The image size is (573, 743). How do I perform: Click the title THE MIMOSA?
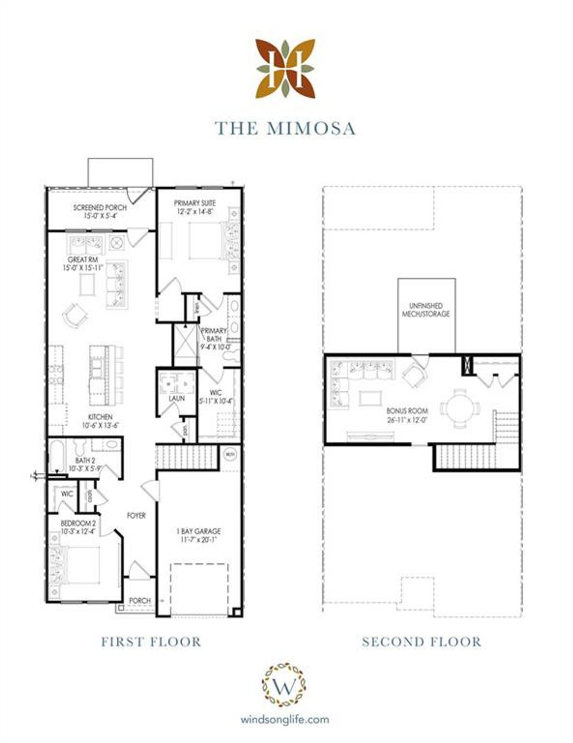coord(286,128)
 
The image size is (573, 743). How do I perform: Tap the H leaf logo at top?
coord(286,68)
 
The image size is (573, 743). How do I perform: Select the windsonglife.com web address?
coord(285,720)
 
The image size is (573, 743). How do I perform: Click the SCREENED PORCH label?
coord(100,208)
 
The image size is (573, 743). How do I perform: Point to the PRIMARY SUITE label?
coord(195,203)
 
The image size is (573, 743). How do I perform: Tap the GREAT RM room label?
coord(83,260)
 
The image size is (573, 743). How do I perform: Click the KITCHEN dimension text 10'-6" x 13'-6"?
coord(100,425)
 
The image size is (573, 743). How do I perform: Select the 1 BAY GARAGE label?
coord(199,531)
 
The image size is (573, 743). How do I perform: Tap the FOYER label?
coord(136,516)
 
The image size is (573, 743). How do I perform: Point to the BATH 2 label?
coord(85,461)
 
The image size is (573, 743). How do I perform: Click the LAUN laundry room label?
coord(177,398)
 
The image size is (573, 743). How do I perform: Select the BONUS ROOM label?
coord(407,410)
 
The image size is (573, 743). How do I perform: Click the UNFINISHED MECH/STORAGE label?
coord(426,310)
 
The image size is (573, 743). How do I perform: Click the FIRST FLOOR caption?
coord(151,642)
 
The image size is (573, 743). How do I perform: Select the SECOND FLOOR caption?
coord(422,642)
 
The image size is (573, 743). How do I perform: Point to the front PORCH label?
coord(140,600)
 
